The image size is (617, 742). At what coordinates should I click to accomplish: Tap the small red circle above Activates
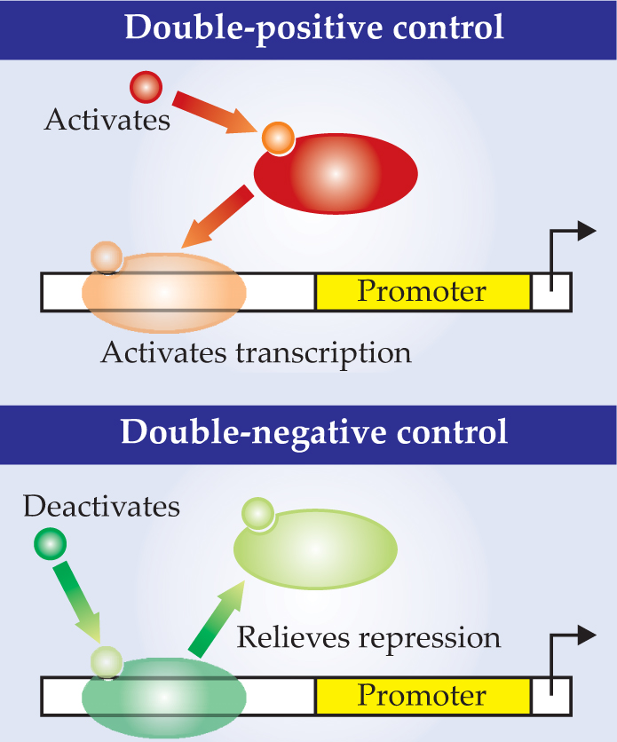[x=145, y=87]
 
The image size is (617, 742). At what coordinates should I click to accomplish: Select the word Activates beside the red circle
[x=107, y=120]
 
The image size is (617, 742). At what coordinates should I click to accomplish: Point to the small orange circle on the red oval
[x=277, y=138]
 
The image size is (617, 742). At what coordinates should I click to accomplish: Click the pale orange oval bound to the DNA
[x=164, y=293]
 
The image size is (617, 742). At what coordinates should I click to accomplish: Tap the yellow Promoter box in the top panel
[x=422, y=292]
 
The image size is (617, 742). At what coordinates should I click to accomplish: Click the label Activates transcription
[x=256, y=353]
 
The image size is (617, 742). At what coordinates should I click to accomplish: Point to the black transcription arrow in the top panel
[x=568, y=244]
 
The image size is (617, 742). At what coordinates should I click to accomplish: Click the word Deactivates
[x=101, y=507]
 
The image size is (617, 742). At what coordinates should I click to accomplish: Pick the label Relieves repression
[x=368, y=637]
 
